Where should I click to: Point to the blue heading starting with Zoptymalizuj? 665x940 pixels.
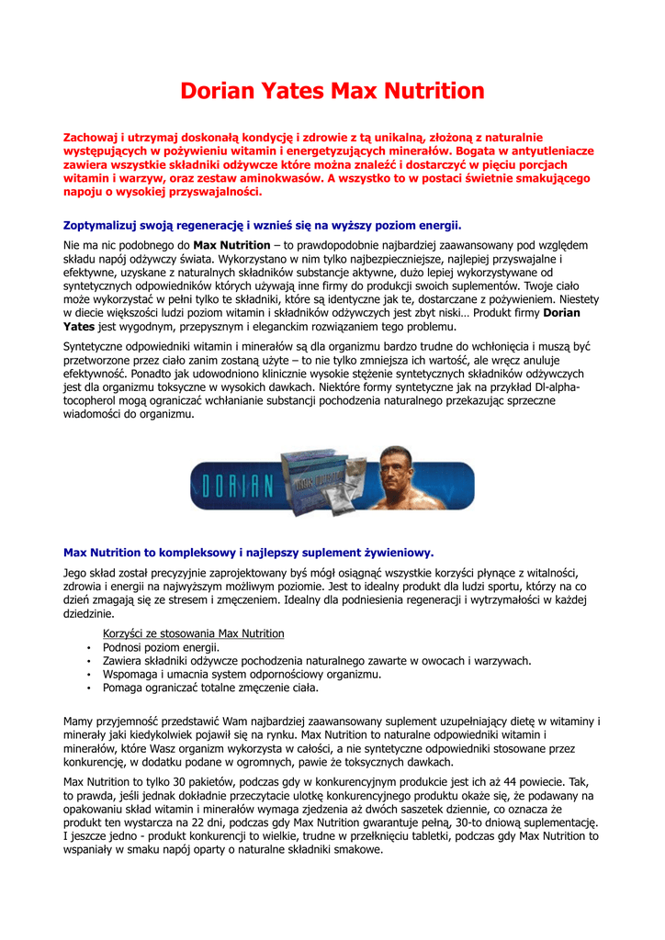262,226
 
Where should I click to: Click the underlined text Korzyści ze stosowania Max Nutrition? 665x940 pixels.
193,633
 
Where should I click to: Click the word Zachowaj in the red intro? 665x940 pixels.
90,137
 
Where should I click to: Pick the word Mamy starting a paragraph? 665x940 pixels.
78,722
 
